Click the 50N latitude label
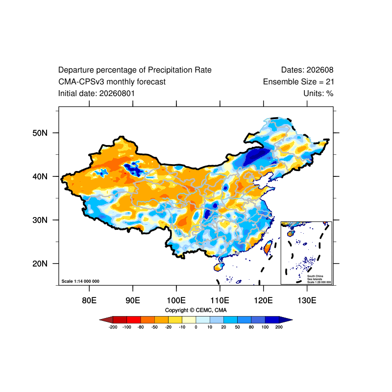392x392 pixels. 40,133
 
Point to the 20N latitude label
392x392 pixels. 40,264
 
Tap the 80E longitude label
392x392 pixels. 89,300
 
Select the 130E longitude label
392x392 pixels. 307,300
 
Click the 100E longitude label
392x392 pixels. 176,300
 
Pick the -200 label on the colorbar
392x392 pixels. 113,327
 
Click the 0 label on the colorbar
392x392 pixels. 196,327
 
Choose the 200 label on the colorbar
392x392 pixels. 279,327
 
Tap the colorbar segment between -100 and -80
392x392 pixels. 134,320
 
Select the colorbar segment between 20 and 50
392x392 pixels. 230,320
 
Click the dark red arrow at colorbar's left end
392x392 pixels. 106,320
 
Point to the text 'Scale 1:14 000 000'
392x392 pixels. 80,281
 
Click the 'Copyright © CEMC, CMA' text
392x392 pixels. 196,310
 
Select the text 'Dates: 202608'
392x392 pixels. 307,70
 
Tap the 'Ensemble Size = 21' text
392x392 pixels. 298,82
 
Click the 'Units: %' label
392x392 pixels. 318,94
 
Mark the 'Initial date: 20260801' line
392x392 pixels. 97,94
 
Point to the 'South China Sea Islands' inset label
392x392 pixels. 315,277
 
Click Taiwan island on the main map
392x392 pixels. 268,247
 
